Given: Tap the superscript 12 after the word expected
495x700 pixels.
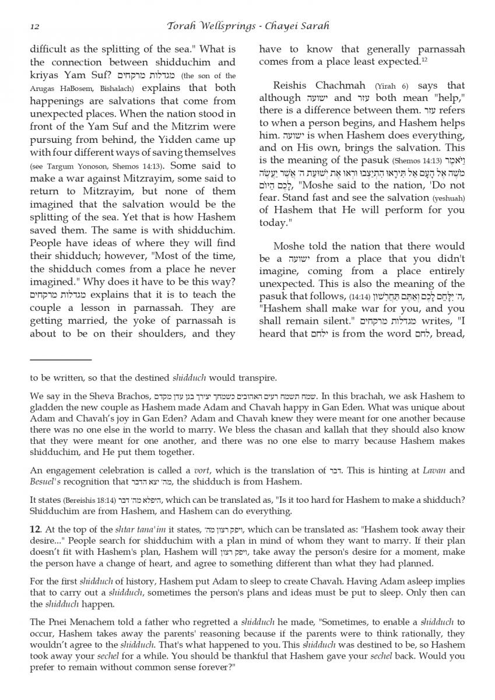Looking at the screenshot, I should click(x=424, y=60).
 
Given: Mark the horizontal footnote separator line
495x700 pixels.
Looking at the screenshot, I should click(x=61, y=360).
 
